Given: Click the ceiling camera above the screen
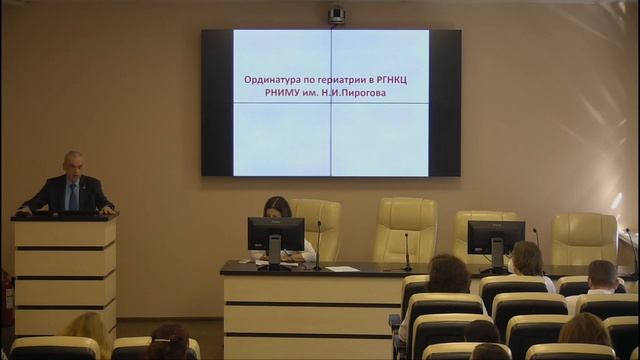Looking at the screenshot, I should pyautogui.click(x=336, y=14).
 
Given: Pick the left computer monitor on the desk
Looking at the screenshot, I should pyautogui.click(x=275, y=235).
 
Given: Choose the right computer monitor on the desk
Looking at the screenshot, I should pyautogui.click(x=495, y=237).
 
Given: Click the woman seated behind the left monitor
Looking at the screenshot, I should pyautogui.click(x=277, y=209).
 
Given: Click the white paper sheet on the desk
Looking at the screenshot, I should pyautogui.click(x=341, y=268).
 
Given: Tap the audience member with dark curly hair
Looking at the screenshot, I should pyautogui.click(x=448, y=274).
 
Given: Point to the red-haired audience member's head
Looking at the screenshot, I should pyautogui.click(x=168, y=341).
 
